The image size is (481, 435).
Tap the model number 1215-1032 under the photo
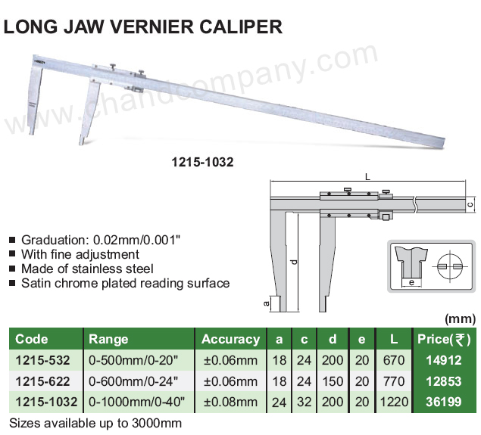click(202, 162)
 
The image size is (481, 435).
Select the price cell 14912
click(444, 360)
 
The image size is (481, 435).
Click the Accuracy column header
click(231, 339)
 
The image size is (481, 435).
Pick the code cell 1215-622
click(42, 381)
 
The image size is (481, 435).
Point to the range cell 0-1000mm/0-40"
click(137, 402)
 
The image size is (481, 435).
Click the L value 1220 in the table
click(394, 402)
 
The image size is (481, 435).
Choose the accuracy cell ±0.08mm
click(231, 402)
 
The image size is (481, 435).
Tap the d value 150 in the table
click(333, 381)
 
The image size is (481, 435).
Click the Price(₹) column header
click(444, 339)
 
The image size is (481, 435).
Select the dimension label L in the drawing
click(367, 177)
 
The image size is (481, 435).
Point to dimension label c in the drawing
click(472, 204)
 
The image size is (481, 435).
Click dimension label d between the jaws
click(294, 262)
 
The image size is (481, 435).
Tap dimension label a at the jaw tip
click(267, 303)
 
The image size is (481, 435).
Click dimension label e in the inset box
click(411, 282)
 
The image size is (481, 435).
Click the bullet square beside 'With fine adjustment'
click(12, 253)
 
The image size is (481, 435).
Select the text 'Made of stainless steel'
click(87, 269)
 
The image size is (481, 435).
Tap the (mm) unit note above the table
click(460, 319)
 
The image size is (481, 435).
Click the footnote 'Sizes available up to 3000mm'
click(95, 423)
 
